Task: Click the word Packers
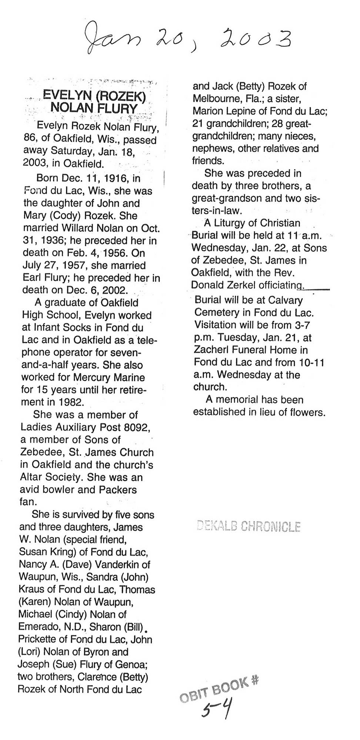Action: point(118,490)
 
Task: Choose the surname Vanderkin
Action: point(115,565)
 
